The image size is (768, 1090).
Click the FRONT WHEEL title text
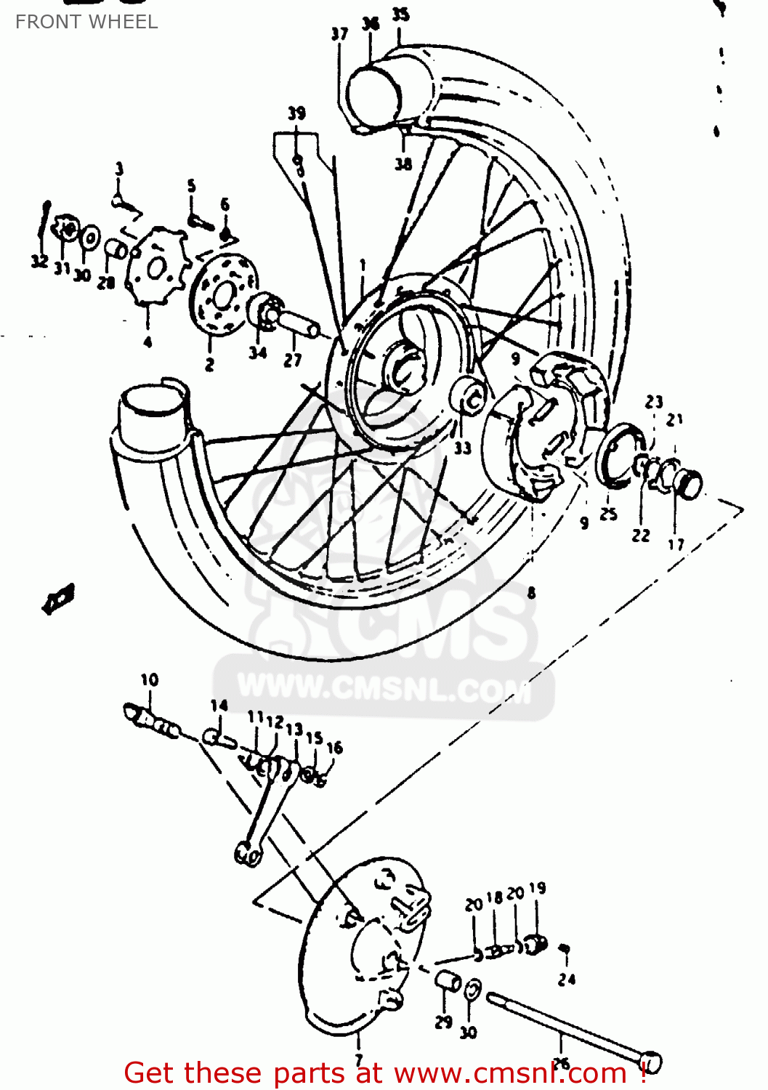[x=86, y=22]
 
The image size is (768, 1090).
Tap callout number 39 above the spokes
[x=296, y=113]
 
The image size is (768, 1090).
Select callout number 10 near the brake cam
[x=149, y=679]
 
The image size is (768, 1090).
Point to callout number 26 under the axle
[x=561, y=1063]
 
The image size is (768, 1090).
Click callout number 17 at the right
[x=676, y=544]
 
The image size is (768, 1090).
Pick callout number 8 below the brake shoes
[x=531, y=593]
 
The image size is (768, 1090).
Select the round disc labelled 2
[x=223, y=294]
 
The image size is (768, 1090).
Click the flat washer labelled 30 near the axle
[x=471, y=988]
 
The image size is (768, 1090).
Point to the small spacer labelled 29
[x=448, y=982]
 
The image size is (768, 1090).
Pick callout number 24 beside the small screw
[x=567, y=979]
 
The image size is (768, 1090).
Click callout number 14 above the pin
[x=219, y=705]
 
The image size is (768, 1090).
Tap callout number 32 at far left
[x=39, y=262]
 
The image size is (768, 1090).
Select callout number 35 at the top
[x=400, y=15]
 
